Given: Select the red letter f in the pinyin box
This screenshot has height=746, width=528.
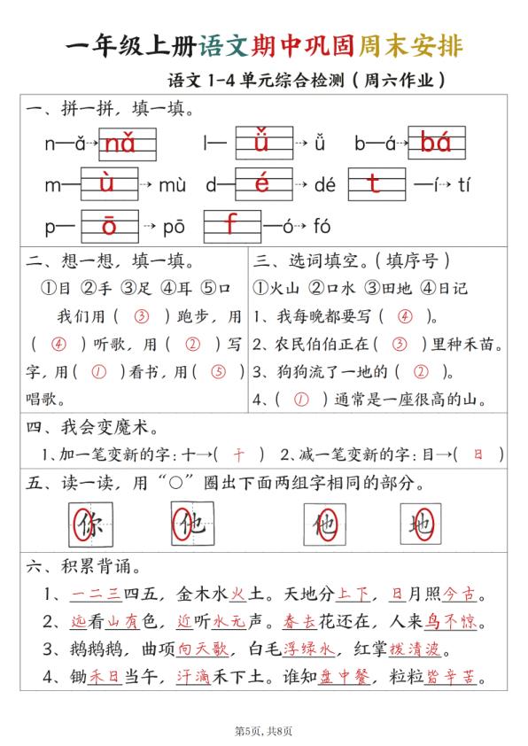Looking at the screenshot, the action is pos(230,225).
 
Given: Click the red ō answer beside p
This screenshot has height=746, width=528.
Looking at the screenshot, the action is pos(109,226).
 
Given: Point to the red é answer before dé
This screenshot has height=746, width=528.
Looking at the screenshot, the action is pos(261,184).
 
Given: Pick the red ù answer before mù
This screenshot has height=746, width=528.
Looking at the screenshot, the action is pos(107,184).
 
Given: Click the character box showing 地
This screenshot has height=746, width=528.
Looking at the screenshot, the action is pos(421,525).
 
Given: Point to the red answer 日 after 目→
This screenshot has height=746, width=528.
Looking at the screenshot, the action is pos(478,455).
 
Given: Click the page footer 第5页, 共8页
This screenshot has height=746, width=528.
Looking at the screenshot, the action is pos(263,730).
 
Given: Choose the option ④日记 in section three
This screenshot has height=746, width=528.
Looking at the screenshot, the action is pos(445,288).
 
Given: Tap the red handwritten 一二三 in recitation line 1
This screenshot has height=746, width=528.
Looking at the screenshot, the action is pos(89,593).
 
